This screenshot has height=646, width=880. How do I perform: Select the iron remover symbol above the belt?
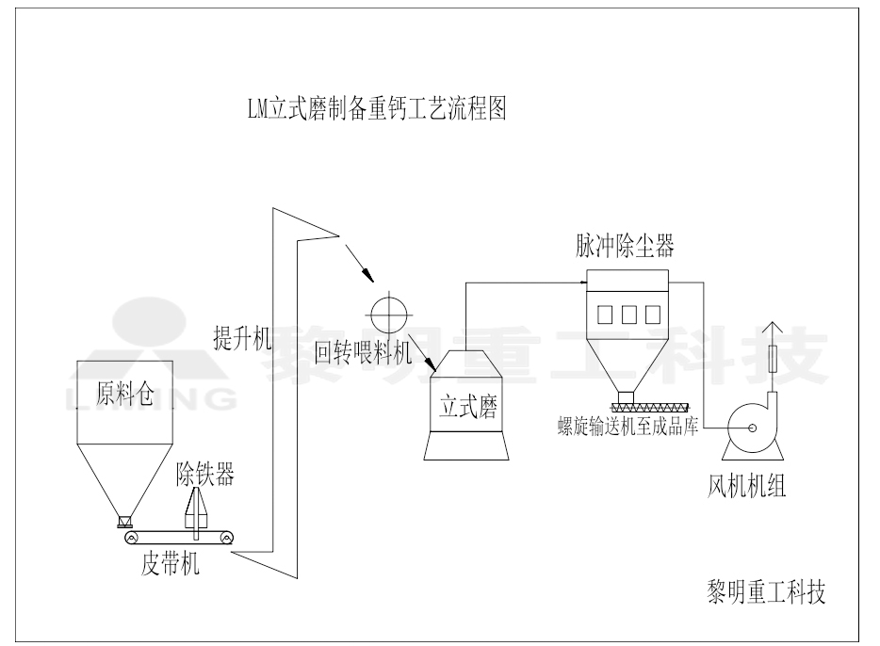tap(196, 509)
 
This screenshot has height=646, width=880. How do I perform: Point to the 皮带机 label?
tap(170, 566)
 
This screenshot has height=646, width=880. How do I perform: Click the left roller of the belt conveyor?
tap(131, 538)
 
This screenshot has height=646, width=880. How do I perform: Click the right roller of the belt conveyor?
tap(227, 538)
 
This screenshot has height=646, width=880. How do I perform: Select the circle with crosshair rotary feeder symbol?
tap(388, 312)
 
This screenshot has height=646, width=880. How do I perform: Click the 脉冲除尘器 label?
tap(625, 247)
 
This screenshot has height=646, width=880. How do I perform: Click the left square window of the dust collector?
tap(605, 314)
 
